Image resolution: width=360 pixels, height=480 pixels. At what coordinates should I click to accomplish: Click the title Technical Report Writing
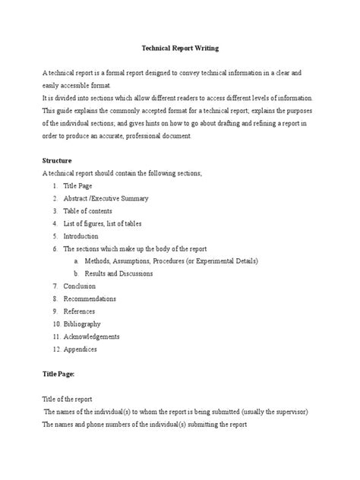pyautogui.click(x=180, y=48)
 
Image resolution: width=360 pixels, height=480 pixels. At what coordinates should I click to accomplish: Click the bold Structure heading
pyautogui.click(x=57, y=161)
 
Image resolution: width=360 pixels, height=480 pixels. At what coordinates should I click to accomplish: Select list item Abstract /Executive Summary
pyautogui.click(x=105, y=198)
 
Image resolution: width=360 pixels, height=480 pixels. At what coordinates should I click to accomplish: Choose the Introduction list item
pyautogui.click(x=81, y=236)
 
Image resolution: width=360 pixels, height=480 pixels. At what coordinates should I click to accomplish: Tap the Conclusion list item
pyautogui.click(x=79, y=286)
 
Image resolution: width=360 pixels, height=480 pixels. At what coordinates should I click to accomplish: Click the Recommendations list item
pyautogui.click(x=90, y=298)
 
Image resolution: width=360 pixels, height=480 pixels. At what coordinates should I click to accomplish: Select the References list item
pyautogui.click(x=80, y=311)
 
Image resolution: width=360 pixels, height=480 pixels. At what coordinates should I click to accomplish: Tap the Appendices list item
pyautogui.click(x=80, y=349)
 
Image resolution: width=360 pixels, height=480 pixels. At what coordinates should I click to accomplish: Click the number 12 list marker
pyautogui.click(x=55, y=349)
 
